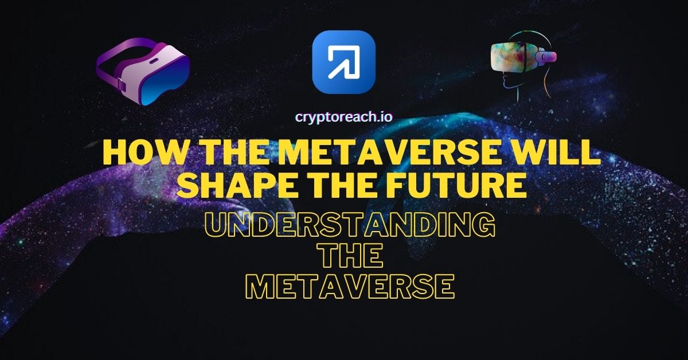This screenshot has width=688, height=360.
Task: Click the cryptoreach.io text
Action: click(343, 117)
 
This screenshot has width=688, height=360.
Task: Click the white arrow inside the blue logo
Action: click(343, 62)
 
